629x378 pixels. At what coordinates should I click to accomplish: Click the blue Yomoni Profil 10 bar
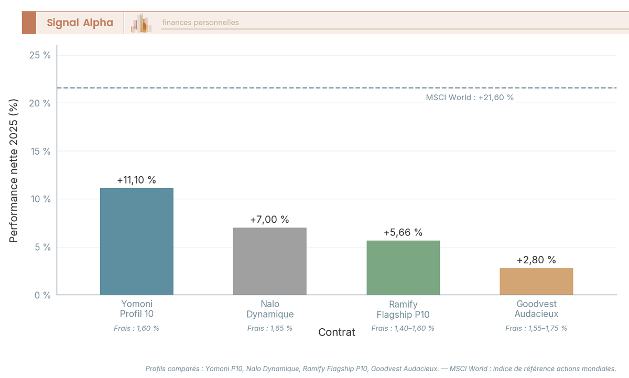pyautogui.click(x=136, y=241)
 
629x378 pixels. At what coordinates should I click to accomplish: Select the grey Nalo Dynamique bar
pyautogui.click(x=269, y=261)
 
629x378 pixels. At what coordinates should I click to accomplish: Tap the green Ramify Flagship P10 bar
pyautogui.click(x=403, y=267)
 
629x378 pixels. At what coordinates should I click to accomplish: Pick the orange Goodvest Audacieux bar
pyautogui.click(x=536, y=282)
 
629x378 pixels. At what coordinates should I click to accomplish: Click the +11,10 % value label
pyautogui.click(x=136, y=180)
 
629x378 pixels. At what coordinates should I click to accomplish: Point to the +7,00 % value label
pyautogui.click(x=269, y=220)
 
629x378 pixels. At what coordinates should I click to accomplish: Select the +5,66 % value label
pyautogui.click(x=403, y=232)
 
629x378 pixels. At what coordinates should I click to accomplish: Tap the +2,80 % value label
pyautogui.click(x=536, y=260)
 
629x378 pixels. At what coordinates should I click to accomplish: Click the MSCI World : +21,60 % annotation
pyautogui.click(x=470, y=98)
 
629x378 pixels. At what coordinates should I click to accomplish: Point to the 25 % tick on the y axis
pyautogui.click(x=40, y=55)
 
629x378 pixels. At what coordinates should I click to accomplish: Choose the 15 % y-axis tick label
pyautogui.click(x=40, y=151)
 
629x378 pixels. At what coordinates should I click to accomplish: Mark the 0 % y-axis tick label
pyautogui.click(x=42, y=295)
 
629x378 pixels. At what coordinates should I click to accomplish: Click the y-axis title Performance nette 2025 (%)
pyautogui.click(x=14, y=170)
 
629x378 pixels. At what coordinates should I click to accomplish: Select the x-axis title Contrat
pyautogui.click(x=337, y=332)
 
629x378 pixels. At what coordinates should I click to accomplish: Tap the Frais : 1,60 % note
pyautogui.click(x=136, y=328)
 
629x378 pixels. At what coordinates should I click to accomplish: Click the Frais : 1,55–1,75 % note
pyautogui.click(x=536, y=328)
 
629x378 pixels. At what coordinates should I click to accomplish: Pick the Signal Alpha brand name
pyautogui.click(x=80, y=23)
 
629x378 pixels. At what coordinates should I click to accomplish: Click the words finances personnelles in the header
pyautogui.click(x=200, y=23)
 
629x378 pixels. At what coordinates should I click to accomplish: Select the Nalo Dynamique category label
pyautogui.click(x=269, y=309)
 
